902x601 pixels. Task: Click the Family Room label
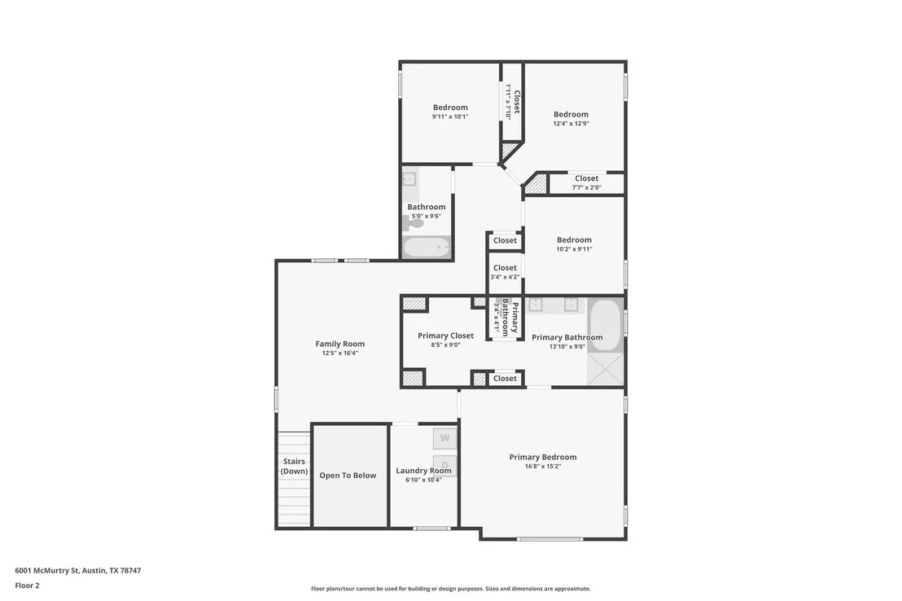point(340,344)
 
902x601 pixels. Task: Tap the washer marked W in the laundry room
point(444,438)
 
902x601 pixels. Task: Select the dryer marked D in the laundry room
point(444,464)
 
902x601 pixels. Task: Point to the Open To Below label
point(348,476)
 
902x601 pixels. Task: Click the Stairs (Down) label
point(294,467)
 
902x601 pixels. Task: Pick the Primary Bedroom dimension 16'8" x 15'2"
point(542,467)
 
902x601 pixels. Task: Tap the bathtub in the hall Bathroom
point(427,248)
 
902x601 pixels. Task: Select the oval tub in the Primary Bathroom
point(605,325)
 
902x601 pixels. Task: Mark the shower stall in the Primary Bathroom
point(605,369)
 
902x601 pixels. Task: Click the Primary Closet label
point(446,336)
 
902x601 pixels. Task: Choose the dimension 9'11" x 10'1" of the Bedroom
point(450,116)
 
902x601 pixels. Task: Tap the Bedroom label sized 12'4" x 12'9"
point(571,114)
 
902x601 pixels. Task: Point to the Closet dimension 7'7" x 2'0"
point(587,187)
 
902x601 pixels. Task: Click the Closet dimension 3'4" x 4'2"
point(505,277)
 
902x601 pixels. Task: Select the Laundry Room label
point(424,471)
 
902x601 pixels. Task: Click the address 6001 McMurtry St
point(47,571)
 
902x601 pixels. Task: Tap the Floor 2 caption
point(27,586)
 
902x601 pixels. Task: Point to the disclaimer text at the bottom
point(451,588)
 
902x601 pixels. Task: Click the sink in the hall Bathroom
point(409,178)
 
